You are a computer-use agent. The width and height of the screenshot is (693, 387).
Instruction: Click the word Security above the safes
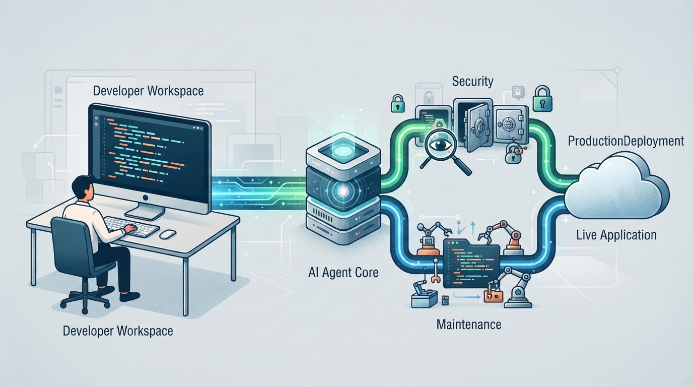472,81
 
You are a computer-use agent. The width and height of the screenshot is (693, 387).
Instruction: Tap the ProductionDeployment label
626,141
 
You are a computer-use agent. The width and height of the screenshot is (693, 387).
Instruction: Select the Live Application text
616,235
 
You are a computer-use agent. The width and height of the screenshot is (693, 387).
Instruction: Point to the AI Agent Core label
343,273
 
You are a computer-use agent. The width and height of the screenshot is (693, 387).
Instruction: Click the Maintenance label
469,325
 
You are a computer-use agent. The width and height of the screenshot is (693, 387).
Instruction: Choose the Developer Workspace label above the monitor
148,91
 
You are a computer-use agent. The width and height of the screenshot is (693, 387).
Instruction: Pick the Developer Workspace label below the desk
118,331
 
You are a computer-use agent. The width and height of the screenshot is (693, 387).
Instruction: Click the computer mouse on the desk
168,234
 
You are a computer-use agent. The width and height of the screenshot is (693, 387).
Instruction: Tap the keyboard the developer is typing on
131,226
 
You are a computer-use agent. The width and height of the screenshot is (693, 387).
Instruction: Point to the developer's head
82,188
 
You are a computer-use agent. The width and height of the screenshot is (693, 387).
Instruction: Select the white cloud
615,186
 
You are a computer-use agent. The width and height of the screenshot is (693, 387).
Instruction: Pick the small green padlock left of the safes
398,103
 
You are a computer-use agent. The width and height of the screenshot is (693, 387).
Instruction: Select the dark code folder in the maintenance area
471,263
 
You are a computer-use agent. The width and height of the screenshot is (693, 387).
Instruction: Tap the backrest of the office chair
71,244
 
